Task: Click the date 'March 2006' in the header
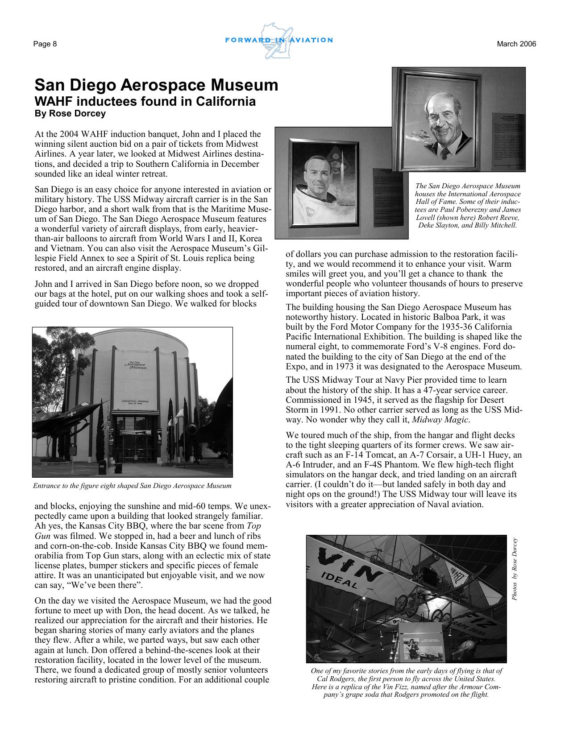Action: pos(516,44)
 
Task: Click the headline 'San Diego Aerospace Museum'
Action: pos(156,85)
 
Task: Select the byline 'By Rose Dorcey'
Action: pos(70,114)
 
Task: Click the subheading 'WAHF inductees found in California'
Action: pos(145,102)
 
